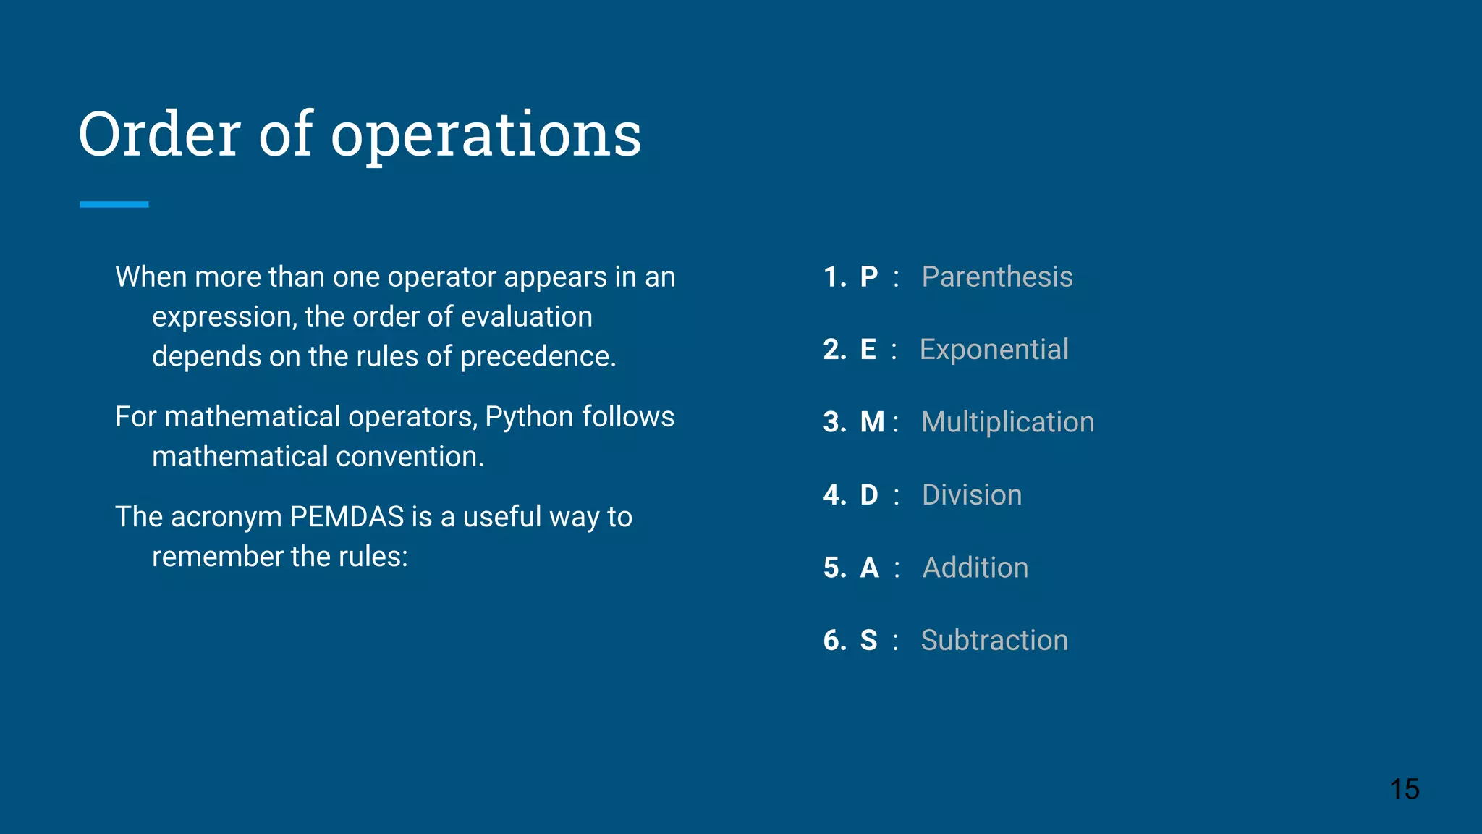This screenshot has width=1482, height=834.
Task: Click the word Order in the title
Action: (159, 135)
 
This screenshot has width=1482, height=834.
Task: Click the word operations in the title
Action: (486, 136)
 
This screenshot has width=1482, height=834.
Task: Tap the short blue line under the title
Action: (114, 205)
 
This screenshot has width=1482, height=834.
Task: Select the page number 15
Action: (1404, 789)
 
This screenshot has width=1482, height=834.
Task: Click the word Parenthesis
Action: (996, 277)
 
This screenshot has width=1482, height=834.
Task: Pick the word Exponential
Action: (994, 350)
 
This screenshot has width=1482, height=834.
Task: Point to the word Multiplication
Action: (1007, 422)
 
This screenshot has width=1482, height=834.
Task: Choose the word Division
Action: (972, 495)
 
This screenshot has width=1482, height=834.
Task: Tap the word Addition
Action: (975, 568)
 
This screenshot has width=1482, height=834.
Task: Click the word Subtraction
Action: (994, 641)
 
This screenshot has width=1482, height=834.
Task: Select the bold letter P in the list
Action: (868, 277)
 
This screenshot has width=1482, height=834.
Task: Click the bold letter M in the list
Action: (872, 422)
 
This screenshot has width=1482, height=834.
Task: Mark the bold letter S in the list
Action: (868, 641)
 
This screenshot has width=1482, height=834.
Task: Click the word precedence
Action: (538, 357)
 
